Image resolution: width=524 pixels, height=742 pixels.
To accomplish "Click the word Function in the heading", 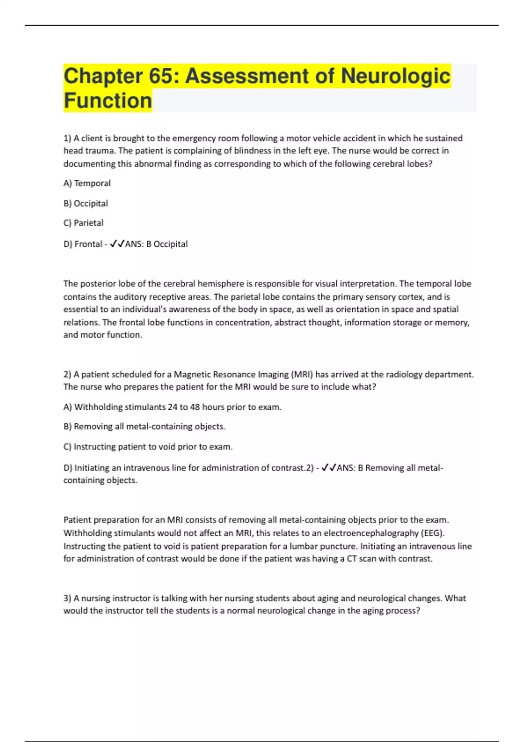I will click(x=108, y=100).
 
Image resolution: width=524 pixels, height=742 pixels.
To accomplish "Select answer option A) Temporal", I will click(x=87, y=183).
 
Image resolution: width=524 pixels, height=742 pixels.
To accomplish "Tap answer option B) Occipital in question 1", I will click(x=86, y=203).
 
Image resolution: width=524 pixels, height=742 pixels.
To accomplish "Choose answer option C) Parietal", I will click(x=83, y=223).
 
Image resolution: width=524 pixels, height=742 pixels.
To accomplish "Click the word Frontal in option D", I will click(x=88, y=244).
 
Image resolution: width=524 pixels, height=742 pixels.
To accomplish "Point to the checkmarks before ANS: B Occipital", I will click(x=117, y=244).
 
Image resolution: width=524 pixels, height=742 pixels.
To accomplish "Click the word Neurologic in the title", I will click(x=395, y=76).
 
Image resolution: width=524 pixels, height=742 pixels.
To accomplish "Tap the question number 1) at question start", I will click(x=67, y=138).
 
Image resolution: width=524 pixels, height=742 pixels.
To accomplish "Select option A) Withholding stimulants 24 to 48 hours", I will click(x=172, y=407).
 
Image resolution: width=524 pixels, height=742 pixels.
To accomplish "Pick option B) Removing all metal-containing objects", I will click(x=145, y=426).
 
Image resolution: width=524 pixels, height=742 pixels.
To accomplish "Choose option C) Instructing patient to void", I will click(x=148, y=447).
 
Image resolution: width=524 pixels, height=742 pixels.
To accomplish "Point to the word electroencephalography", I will click(x=371, y=533).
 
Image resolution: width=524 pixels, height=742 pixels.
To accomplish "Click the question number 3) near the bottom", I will click(x=67, y=598).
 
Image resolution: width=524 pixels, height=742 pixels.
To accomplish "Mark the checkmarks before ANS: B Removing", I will click(x=328, y=468).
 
